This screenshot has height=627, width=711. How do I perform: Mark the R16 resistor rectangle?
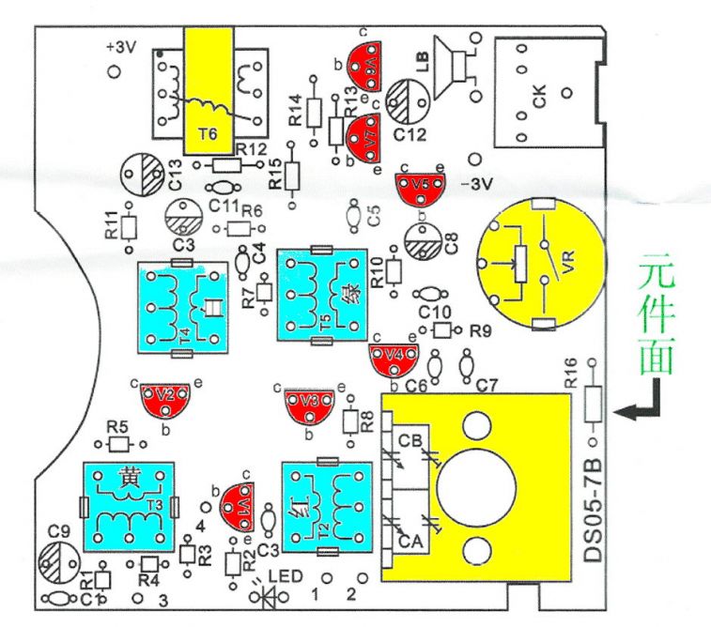coord(593,404)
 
